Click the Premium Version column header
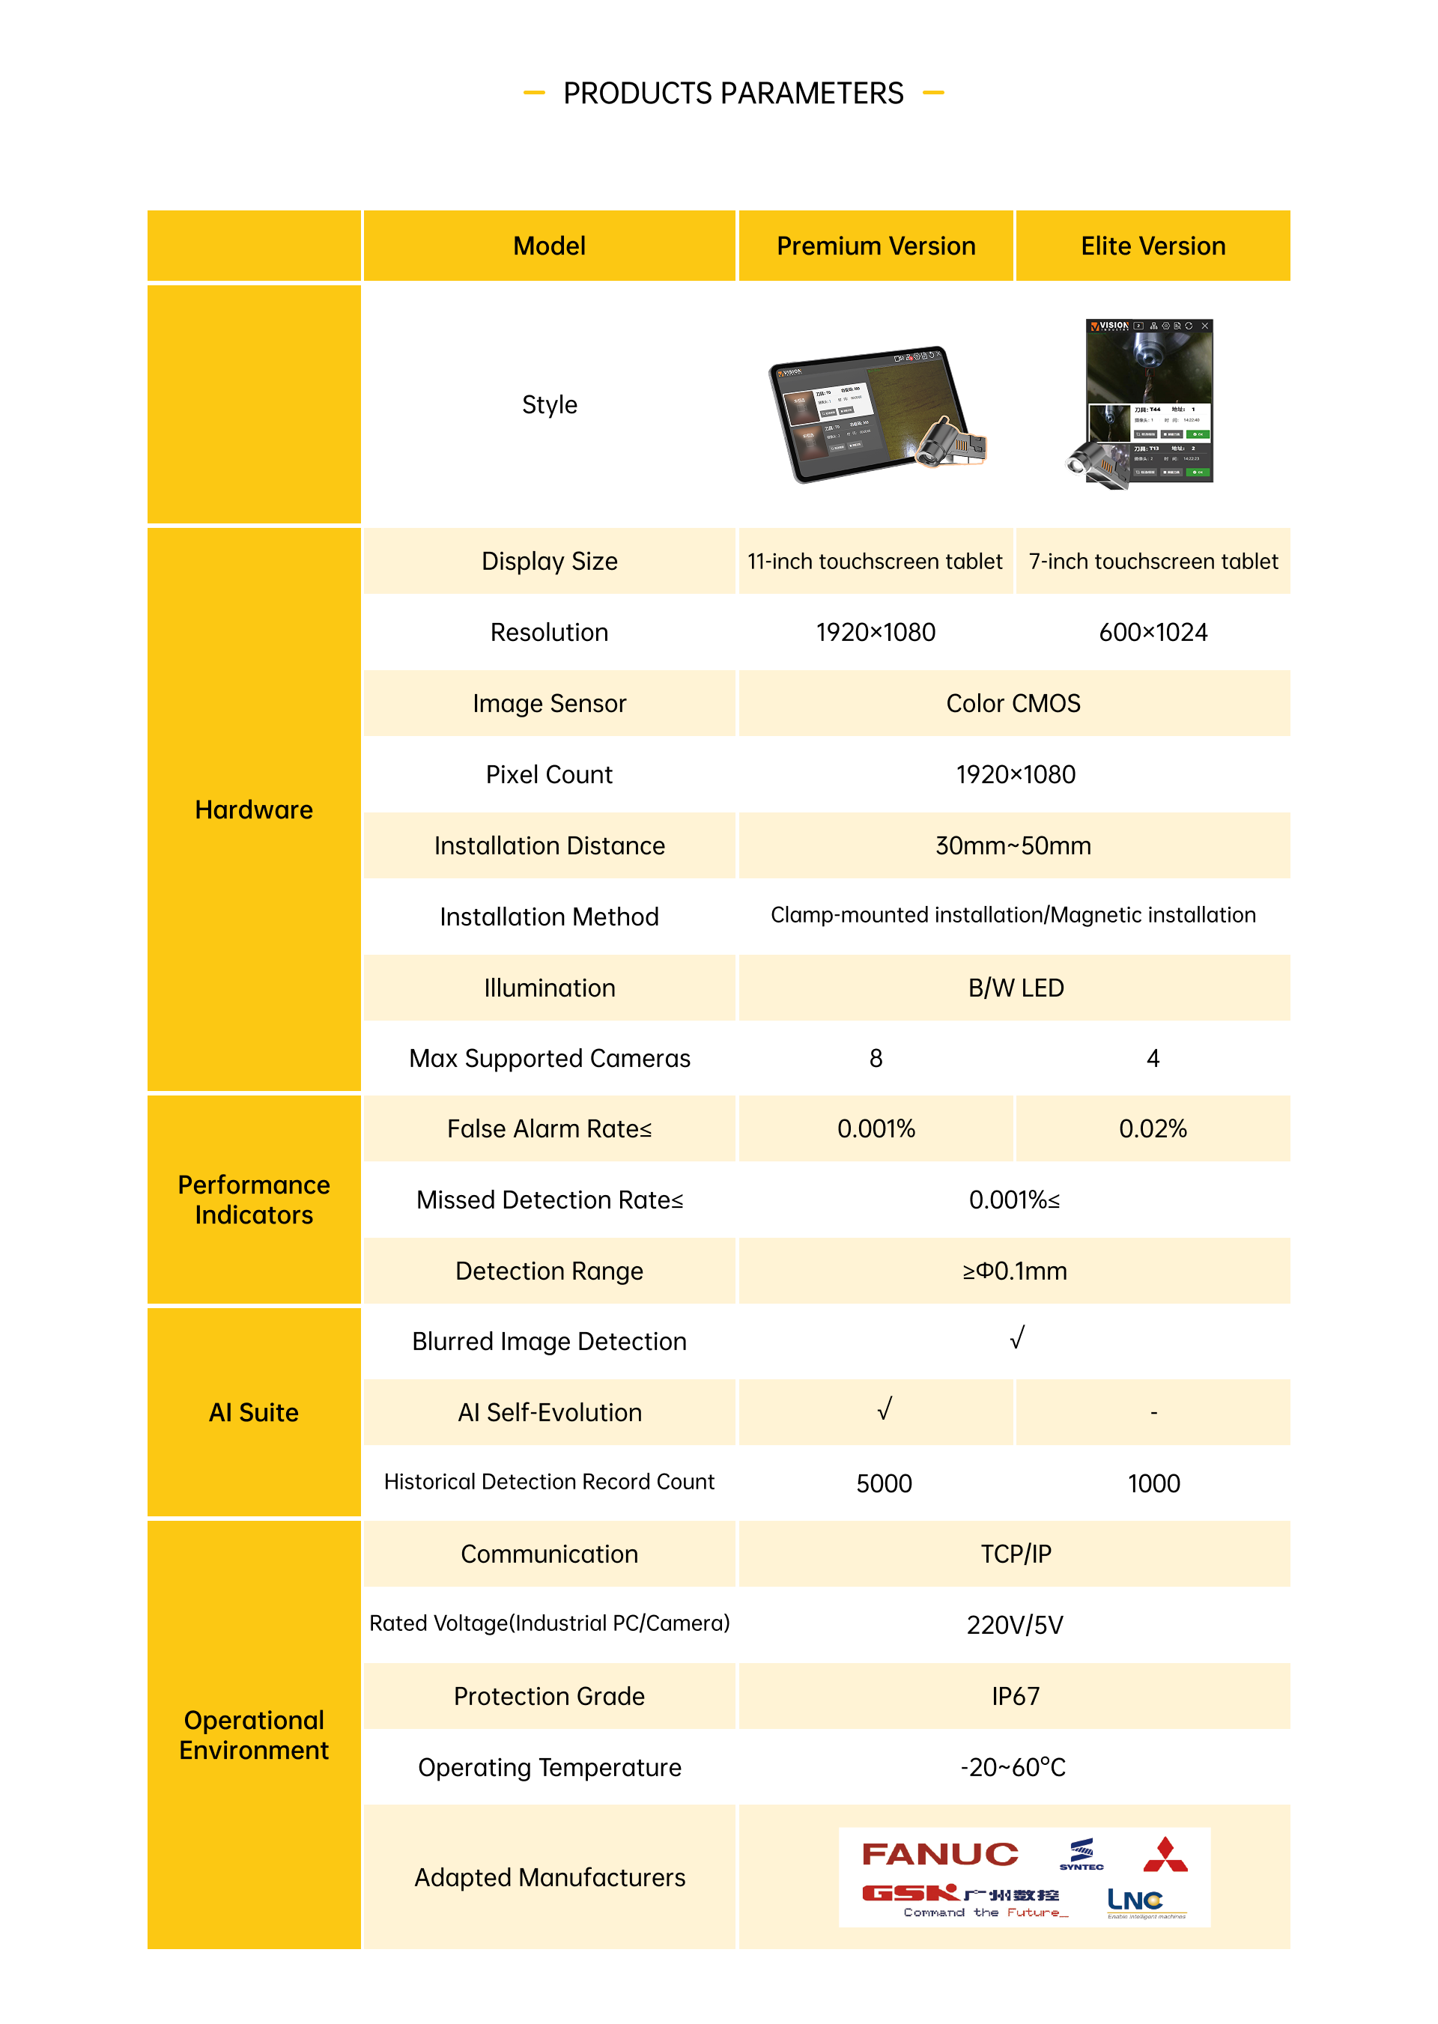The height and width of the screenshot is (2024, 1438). tap(875, 246)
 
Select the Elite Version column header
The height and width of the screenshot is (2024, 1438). tap(1152, 246)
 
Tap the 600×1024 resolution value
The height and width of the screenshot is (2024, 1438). tap(1152, 632)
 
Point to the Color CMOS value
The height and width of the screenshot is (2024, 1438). tap(1013, 704)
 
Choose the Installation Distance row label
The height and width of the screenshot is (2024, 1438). tap(549, 845)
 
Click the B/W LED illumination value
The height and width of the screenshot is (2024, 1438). tap(1015, 988)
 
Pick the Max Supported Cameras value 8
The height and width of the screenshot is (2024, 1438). tap(875, 1059)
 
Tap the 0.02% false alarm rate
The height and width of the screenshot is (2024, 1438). tap(1152, 1129)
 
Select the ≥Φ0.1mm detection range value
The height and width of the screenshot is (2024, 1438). tap(1015, 1271)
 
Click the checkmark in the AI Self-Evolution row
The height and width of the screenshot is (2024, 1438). tap(884, 1409)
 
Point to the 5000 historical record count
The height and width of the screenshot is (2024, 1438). tap(884, 1484)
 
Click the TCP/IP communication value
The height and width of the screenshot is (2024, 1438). tap(1015, 1555)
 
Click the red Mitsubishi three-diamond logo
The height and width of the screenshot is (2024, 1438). tap(1165, 1855)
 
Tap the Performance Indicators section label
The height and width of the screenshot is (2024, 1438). tap(253, 1200)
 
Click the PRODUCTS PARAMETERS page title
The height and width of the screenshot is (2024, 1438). tap(733, 93)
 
